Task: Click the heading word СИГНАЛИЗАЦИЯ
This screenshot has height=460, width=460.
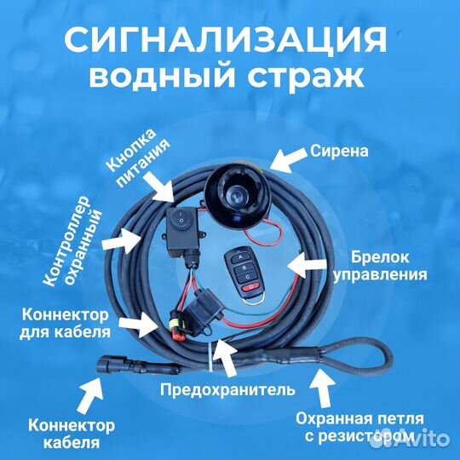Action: (x=230, y=40)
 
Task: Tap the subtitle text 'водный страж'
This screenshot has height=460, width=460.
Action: (x=230, y=78)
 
